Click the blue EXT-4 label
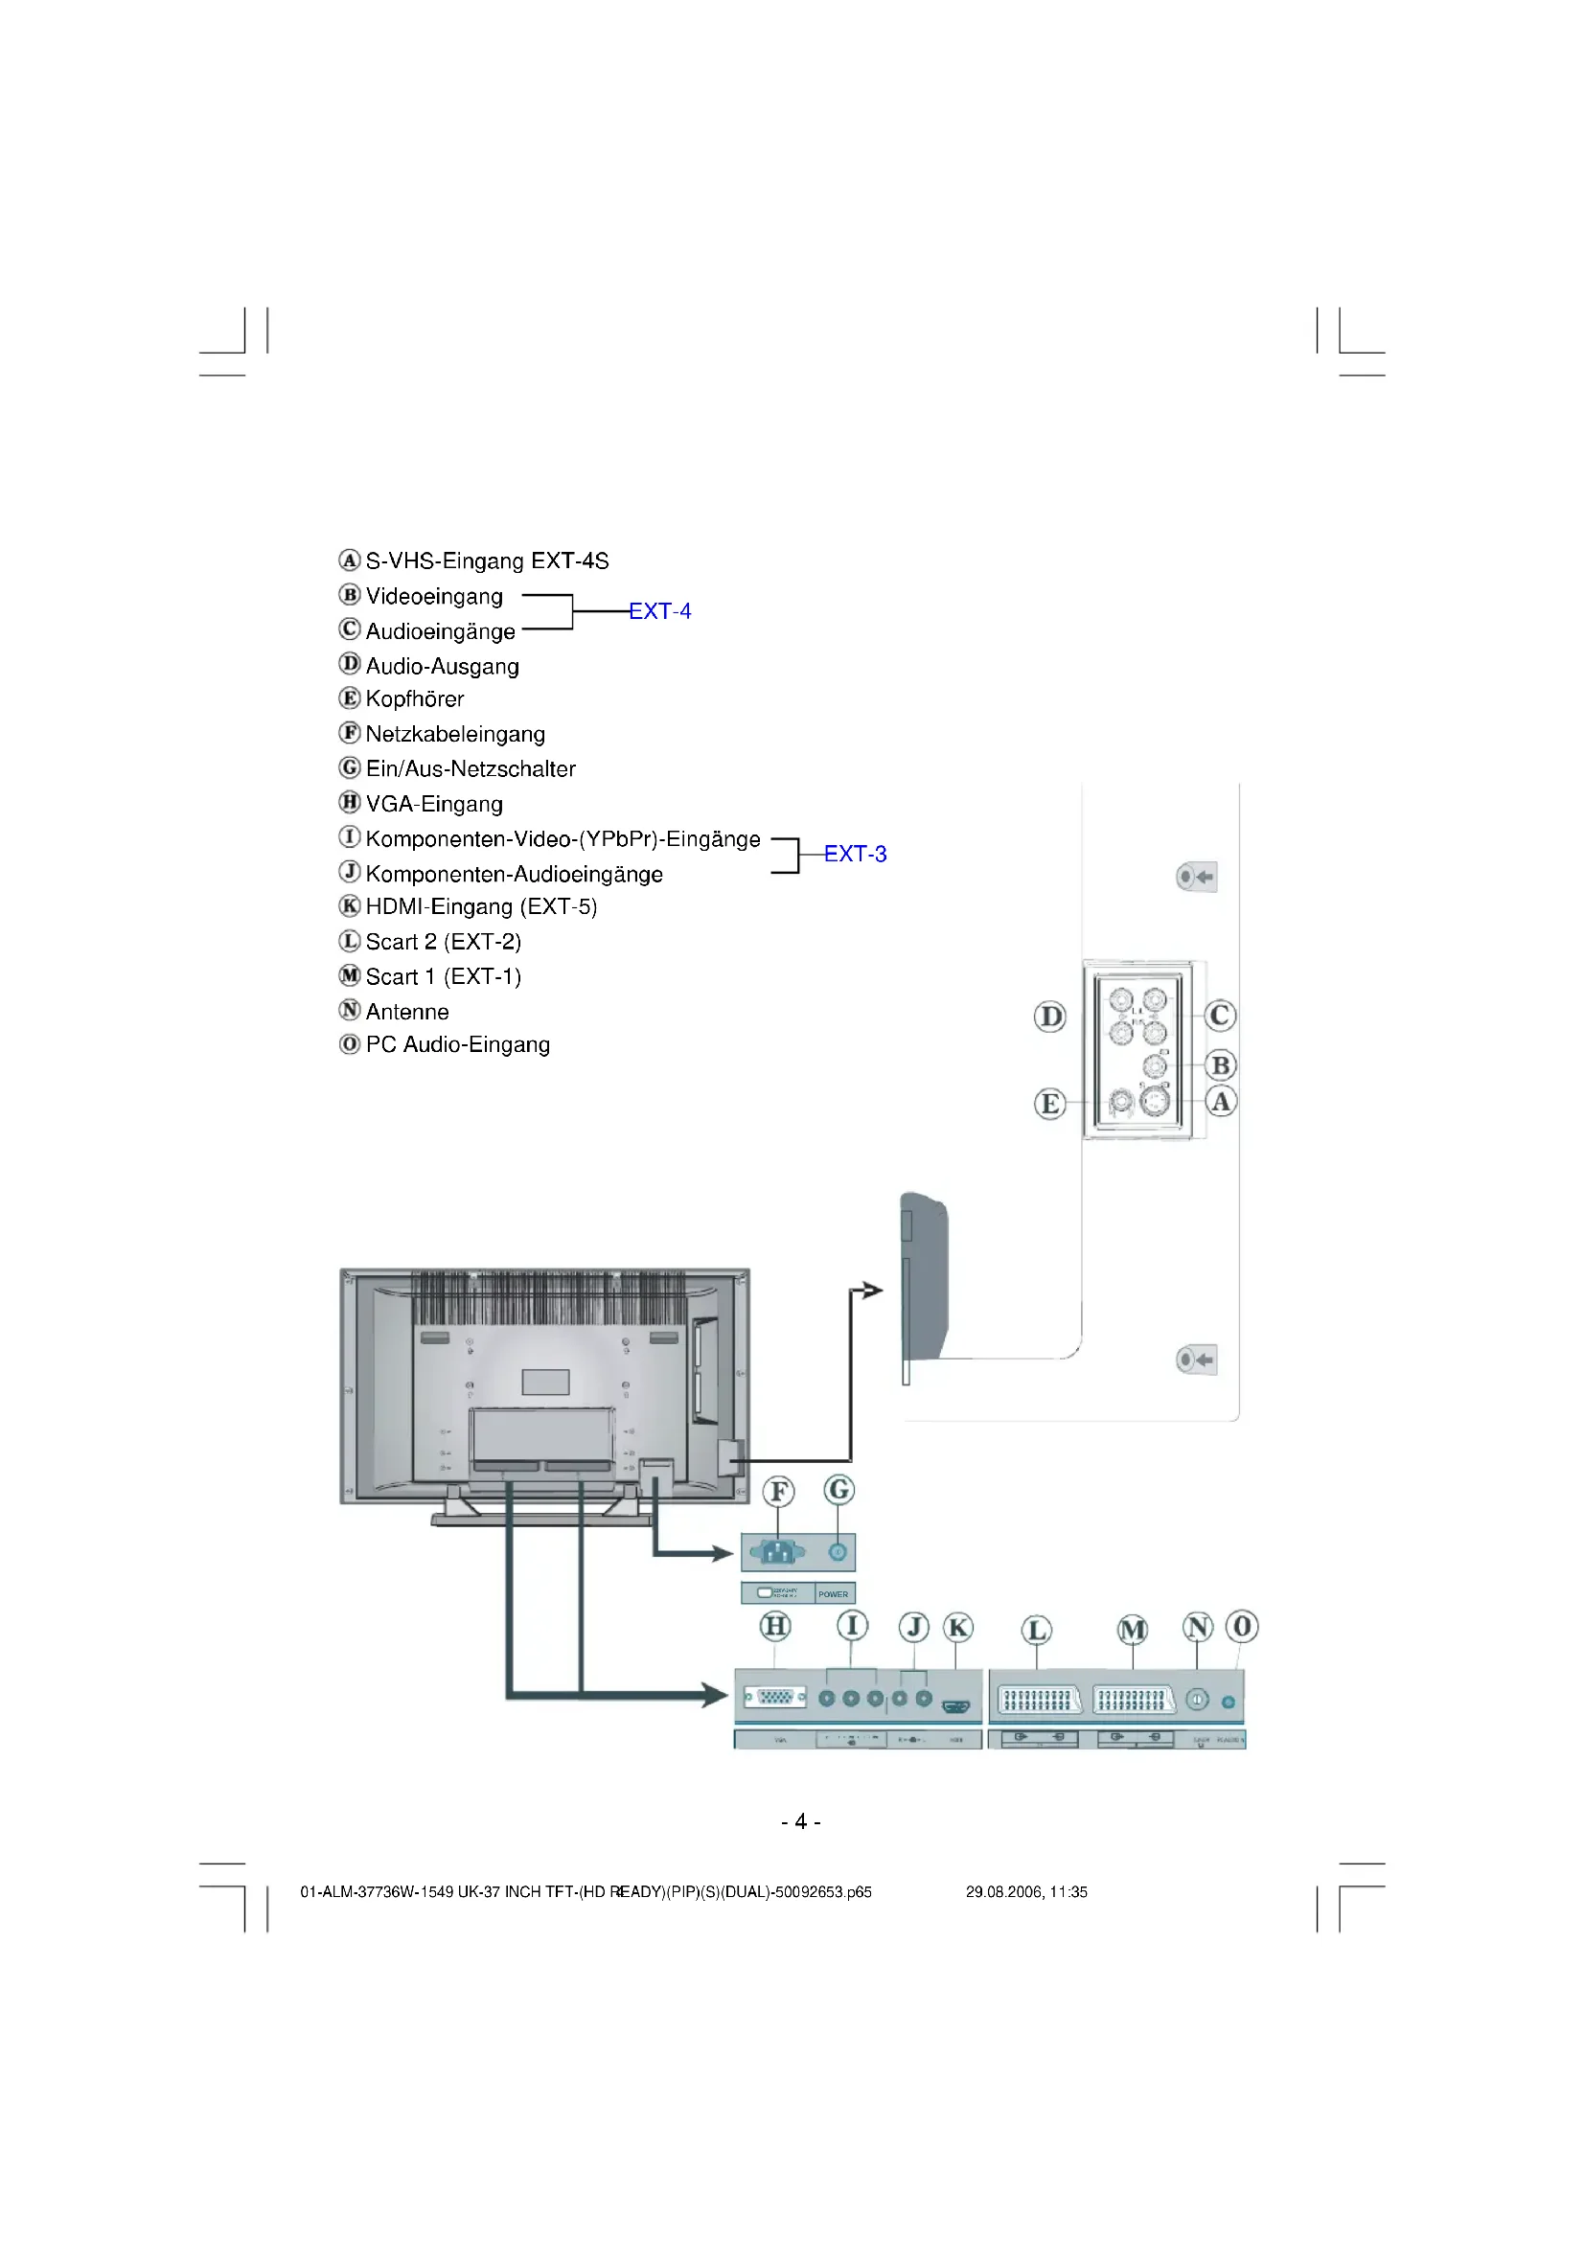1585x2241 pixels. tap(659, 611)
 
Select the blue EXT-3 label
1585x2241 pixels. tap(855, 854)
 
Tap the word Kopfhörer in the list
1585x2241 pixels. tap(415, 698)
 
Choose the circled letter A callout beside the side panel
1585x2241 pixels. tap(1221, 1102)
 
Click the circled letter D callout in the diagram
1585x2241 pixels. tap(1050, 1018)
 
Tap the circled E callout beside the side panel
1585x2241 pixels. tap(1050, 1104)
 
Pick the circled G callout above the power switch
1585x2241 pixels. tap(838, 1490)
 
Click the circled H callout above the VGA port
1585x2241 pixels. tap(775, 1626)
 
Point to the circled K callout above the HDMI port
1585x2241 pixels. tap(958, 1627)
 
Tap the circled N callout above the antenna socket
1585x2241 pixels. tap(1198, 1627)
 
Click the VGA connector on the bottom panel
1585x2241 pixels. tap(776, 1698)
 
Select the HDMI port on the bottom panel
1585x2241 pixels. tap(955, 1706)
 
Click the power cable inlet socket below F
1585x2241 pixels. tap(778, 1552)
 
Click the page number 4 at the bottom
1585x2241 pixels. tap(800, 1821)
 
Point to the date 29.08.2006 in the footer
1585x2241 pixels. tap(1003, 1891)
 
